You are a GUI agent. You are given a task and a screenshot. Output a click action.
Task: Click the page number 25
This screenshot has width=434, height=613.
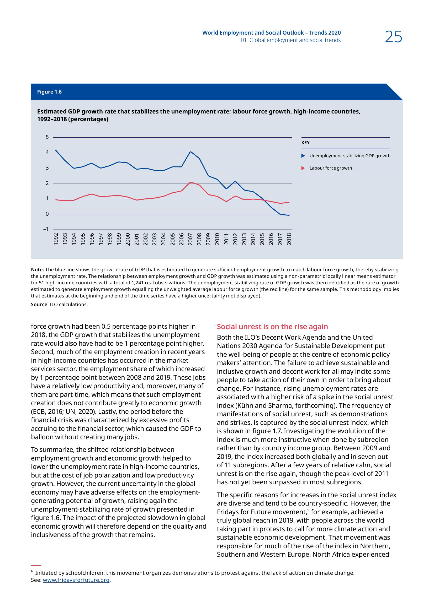coord(393,37)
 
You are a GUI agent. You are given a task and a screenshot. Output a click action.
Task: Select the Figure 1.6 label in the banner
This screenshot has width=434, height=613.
coord(49,92)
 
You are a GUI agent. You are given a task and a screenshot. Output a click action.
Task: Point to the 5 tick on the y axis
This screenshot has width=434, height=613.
coord(47,137)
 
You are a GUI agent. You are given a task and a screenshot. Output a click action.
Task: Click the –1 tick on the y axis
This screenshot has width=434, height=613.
coord(46,229)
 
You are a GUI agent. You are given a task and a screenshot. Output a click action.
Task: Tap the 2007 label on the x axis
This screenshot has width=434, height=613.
coord(190,239)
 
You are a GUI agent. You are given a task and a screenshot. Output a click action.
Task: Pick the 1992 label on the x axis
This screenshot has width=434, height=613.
coord(56,239)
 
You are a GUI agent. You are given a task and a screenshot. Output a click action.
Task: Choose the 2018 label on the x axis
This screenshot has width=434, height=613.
coord(289,239)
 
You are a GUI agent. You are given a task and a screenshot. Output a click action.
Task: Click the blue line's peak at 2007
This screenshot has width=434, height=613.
coord(190,152)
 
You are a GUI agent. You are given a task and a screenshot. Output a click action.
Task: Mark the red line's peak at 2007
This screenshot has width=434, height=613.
coord(190,182)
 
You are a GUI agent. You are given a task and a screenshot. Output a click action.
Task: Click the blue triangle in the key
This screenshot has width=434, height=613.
coord(303,156)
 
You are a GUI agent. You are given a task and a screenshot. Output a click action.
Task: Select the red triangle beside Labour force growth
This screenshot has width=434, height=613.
coord(303,168)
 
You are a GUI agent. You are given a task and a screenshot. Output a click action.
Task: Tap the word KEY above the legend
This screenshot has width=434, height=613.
coord(305,143)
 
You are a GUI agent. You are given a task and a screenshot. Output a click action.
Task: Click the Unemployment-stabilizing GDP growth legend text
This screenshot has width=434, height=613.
coord(350,156)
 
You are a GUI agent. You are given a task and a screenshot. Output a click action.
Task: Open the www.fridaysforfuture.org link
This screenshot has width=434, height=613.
coord(76,587)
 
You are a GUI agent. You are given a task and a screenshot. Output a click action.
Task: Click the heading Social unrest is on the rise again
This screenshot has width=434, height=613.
coord(272,327)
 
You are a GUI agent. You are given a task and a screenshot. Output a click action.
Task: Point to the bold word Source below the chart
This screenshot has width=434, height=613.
coord(39,304)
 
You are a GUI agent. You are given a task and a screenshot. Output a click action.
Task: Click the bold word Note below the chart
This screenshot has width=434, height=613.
coord(37,269)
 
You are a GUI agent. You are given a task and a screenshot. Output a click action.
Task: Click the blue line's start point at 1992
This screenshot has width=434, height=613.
coord(56,150)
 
